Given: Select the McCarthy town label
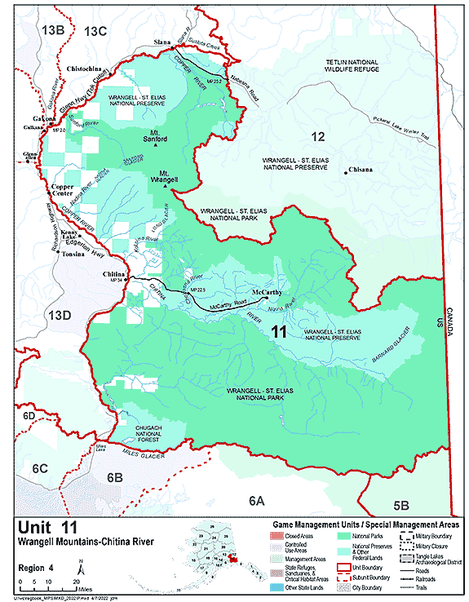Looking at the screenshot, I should point(266,291).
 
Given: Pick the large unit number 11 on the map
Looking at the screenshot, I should point(278,331).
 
